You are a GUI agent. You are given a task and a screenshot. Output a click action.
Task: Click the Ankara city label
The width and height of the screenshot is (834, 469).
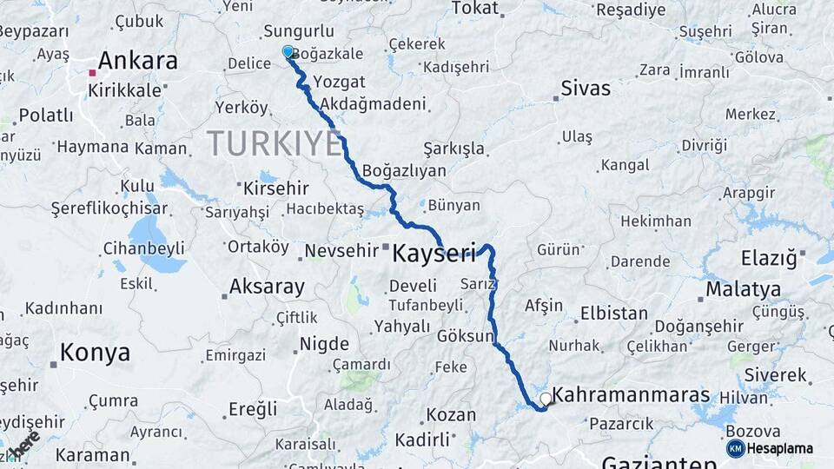tap(137, 61)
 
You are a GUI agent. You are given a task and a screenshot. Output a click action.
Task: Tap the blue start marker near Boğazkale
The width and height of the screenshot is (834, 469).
tap(288, 52)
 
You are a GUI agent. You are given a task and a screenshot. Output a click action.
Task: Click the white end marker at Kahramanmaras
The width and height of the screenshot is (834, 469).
tap(546, 399)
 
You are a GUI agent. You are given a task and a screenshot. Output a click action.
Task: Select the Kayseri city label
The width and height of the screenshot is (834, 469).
tap(434, 254)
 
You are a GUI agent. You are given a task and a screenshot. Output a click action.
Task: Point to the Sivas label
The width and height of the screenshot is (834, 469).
tap(586, 89)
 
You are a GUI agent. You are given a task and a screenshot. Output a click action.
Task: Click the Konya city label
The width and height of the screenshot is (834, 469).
tap(95, 353)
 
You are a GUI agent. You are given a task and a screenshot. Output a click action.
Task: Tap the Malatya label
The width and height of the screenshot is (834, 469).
tap(743, 289)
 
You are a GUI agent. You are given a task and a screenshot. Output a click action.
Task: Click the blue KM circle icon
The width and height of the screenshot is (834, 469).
tap(736, 448)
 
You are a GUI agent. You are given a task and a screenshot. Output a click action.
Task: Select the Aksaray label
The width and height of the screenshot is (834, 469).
tap(267, 287)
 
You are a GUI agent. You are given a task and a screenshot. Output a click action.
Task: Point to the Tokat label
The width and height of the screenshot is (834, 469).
tap(475, 9)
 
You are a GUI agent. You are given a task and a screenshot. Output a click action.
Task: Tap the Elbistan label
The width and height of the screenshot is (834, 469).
tap(613, 314)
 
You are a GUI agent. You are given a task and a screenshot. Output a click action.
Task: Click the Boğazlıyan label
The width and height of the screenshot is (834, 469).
tap(404, 171)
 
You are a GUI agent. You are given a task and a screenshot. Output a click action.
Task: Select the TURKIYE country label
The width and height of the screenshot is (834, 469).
tap(275, 143)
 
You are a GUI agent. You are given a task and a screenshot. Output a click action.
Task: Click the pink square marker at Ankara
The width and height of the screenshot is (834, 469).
tap(91, 73)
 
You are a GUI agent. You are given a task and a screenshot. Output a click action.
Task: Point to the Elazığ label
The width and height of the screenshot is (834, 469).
tap(768, 258)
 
